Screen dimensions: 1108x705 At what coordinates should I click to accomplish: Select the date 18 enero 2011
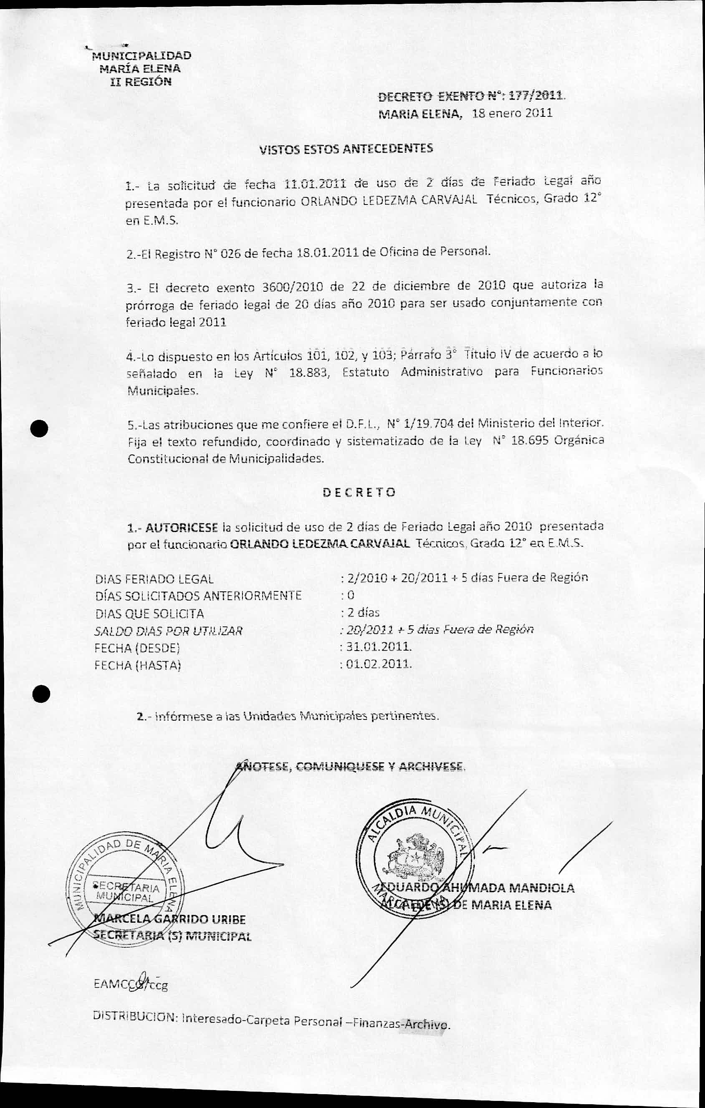click(512, 113)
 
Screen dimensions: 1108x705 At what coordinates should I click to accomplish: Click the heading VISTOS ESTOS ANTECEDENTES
click(346, 149)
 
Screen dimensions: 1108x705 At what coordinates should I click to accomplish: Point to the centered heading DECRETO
click(359, 492)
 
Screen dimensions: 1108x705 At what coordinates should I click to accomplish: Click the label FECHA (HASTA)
click(138, 665)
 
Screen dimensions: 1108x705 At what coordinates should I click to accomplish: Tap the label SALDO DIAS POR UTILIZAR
click(168, 631)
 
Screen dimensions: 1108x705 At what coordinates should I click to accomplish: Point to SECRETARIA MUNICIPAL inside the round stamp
click(126, 892)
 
